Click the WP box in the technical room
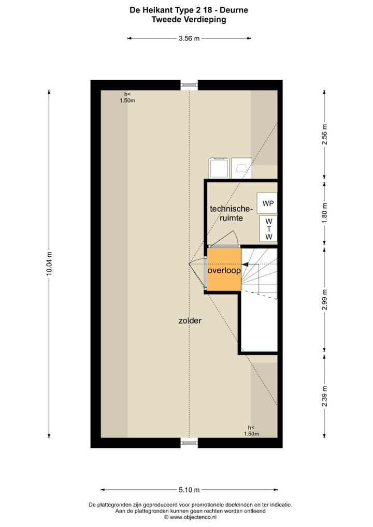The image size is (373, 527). (x=267, y=203)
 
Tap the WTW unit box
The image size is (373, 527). (x=268, y=228)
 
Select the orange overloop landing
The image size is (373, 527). (x=224, y=270)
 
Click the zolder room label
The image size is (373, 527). (x=190, y=321)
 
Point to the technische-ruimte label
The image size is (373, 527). (x=231, y=213)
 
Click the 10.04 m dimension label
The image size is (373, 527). (x=49, y=263)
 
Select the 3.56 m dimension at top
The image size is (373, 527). (x=189, y=38)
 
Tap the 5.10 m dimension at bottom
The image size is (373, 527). (x=189, y=490)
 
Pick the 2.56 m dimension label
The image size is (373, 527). (x=325, y=134)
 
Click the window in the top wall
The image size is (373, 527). (x=189, y=85)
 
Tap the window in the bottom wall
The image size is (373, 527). (x=189, y=443)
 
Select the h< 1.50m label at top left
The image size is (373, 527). (x=127, y=97)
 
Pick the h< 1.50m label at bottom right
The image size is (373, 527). (x=251, y=431)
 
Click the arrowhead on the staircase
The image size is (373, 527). (x=245, y=265)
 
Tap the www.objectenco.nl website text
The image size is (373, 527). (x=190, y=517)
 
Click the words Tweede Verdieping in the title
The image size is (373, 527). (x=189, y=20)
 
